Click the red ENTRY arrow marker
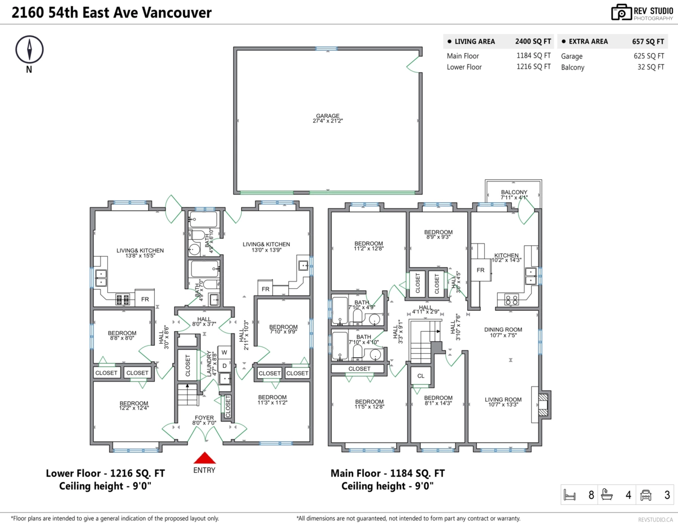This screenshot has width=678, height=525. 204,458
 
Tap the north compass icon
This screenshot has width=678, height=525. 29,50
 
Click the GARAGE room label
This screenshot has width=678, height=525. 328,118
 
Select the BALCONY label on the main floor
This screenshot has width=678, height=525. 514,195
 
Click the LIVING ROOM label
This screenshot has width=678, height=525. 503,402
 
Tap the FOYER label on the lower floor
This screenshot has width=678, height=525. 204,419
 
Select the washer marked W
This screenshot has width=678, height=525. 224,353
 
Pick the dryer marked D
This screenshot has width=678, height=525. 224,366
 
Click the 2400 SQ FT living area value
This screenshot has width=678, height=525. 533,41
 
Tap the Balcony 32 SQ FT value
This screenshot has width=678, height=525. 650,67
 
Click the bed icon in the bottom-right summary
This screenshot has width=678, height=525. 570,496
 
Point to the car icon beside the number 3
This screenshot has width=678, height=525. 645,496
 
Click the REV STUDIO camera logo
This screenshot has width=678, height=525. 621,12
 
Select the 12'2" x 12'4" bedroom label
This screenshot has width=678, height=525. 134,406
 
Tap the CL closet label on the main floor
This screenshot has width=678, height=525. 421,376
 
